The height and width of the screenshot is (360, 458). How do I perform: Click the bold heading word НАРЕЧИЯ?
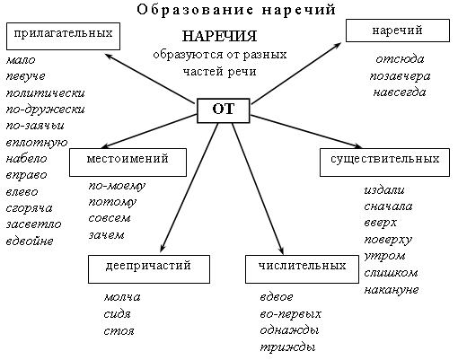click(x=219, y=36)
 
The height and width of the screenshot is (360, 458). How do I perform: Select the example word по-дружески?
click(x=45, y=110)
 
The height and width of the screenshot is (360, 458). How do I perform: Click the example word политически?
click(x=45, y=93)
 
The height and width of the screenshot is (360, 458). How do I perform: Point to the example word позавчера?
click(x=400, y=76)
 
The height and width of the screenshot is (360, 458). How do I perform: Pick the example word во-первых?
click(x=290, y=313)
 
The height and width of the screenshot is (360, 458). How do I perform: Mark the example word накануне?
click(x=392, y=290)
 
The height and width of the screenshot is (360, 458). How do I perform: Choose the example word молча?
click(x=122, y=297)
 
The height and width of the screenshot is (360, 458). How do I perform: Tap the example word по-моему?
click(x=117, y=186)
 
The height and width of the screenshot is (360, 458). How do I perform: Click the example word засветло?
click(x=33, y=224)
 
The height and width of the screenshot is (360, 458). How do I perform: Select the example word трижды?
click(x=287, y=347)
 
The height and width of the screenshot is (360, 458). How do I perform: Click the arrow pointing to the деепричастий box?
click(x=189, y=188)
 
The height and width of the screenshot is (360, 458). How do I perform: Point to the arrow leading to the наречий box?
click(x=296, y=73)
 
